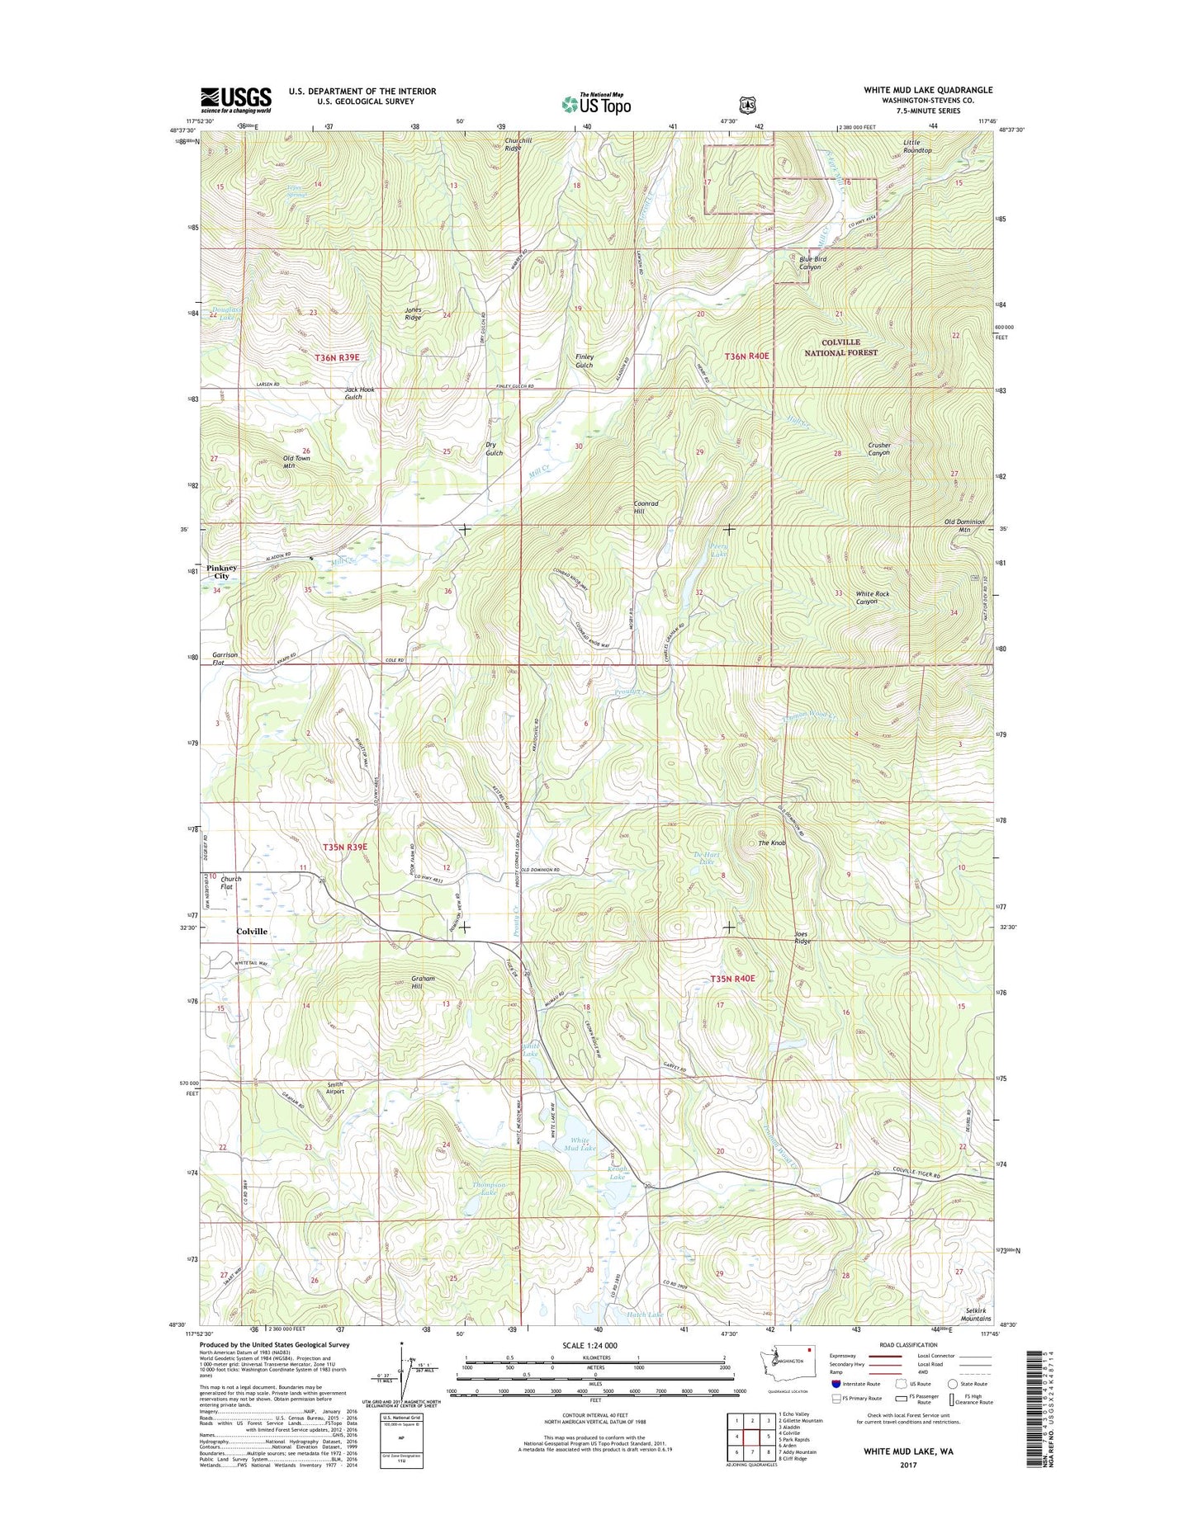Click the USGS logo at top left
click(235, 100)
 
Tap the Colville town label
click(252, 931)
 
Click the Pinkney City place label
click(222, 572)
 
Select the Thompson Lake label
click(489, 1189)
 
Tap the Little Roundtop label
click(916, 146)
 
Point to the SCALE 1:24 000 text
click(589, 1345)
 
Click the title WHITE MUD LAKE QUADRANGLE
click(928, 90)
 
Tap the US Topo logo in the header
click(596, 104)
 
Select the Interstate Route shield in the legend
click(836, 1384)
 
